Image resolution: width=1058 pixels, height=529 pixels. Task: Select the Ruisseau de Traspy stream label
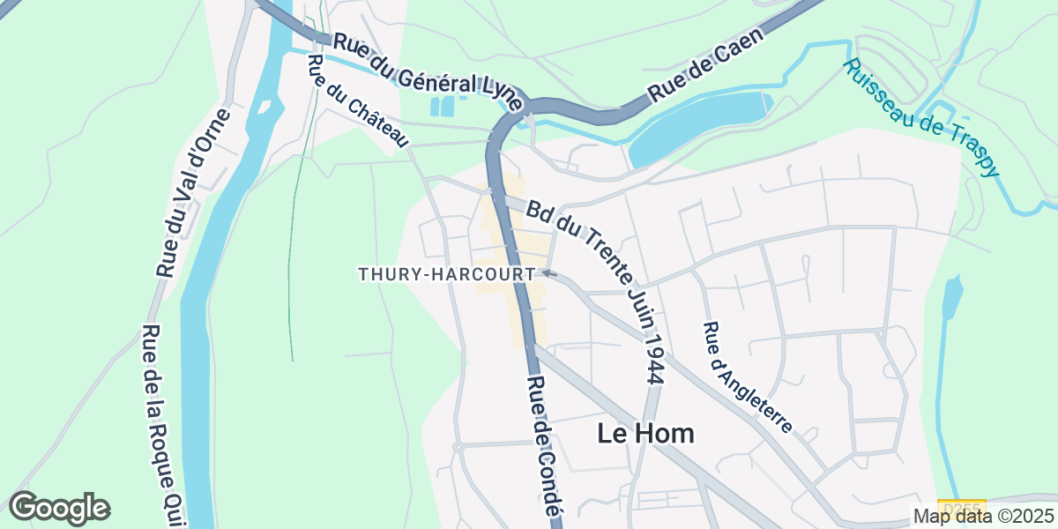click(x=922, y=118)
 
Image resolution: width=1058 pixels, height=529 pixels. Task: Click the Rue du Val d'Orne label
click(x=193, y=193)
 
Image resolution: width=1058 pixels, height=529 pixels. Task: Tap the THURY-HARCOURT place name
click(x=446, y=275)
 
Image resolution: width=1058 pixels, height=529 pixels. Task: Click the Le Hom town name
click(x=645, y=434)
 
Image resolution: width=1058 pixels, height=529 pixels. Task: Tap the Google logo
click(x=60, y=508)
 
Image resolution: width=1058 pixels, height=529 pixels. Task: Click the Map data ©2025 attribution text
click(x=983, y=516)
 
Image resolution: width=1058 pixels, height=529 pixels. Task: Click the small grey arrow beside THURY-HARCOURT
click(x=548, y=274)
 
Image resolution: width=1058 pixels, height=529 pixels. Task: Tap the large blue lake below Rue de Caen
click(x=697, y=124)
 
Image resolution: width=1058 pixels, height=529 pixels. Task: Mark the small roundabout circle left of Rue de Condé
click(x=458, y=448)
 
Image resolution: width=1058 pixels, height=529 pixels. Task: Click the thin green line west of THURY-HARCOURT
click(x=290, y=264)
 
